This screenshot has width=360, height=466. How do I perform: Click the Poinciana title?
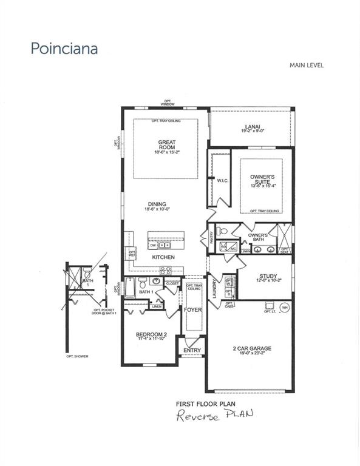pos(65,49)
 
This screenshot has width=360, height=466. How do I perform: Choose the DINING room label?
pos(155,204)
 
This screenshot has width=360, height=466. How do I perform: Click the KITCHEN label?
pos(163,257)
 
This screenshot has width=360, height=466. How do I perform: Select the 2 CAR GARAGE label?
pos(251,348)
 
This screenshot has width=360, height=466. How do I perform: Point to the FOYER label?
pos(193,310)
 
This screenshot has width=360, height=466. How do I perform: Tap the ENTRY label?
pos(191,351)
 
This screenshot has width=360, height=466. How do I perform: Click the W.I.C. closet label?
pos(222,181)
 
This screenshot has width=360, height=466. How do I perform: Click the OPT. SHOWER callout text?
pos(77,356)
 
